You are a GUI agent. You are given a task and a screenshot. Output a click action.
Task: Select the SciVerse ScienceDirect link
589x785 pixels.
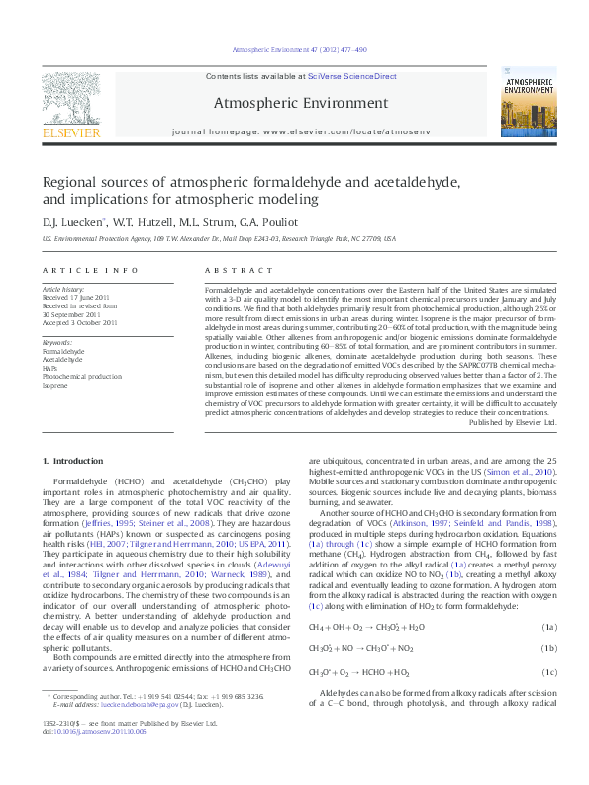[352, 76]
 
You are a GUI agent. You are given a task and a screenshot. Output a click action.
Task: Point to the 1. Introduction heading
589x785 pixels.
[75, 462]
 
